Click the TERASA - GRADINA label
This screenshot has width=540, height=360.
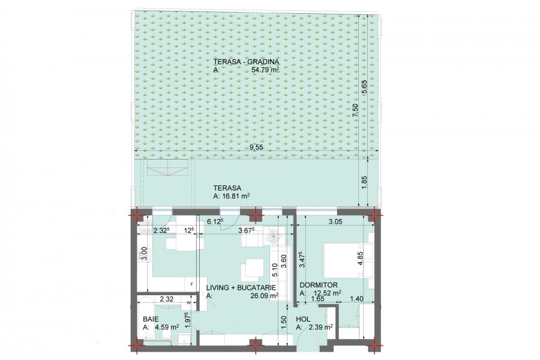pyautogui.click(x=246, y=62)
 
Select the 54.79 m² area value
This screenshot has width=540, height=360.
pyautogui.click(x=265, y=70)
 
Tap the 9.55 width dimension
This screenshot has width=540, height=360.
pyautogui.click(x=256, y=147)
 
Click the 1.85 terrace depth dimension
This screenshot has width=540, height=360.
pyautogui.click(x=364, y=182)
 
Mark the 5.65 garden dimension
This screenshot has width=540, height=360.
pyautogui.click(x=364, y=87)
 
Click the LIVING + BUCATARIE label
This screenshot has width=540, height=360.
pyautogui.click(x=241, y=287)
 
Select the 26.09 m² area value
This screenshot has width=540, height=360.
pyautogui.click(x=265, y=296)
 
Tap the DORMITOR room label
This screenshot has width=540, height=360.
pyautogui.click(x=319, y=285)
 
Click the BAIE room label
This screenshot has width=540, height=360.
pyautogui.click(x=151, y=319)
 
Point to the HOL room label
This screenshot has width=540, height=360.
pyautogui.click(x=303, y=319)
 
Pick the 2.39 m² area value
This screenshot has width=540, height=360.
pyautogui.click(x=320, y=327)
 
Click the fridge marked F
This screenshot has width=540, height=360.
pyautogui.click(x=191, y=284)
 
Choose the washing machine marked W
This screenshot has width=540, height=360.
pyautogui.click(x=189, y=302)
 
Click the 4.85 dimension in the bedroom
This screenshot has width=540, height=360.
pyautogui.click(x=360, y=259)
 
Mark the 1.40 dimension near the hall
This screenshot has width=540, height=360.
pyautogui.click(x=356, y=299)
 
